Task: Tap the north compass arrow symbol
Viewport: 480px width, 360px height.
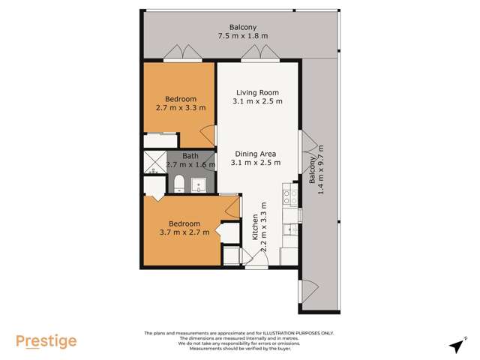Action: (x=454, y=345)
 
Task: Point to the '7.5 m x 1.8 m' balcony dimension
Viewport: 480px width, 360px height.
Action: (x=243, y=35)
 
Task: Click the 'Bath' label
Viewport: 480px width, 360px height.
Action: (x=190, y=155)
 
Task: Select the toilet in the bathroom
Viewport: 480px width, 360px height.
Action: (x=179, y=183)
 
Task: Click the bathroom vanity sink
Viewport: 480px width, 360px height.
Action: (x=199, y=183)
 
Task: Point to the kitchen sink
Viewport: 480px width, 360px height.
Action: (x=289, y=229)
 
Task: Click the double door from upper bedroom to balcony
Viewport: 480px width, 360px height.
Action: (x=183, y=54)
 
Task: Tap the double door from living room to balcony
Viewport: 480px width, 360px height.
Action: (x=259, y=54)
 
